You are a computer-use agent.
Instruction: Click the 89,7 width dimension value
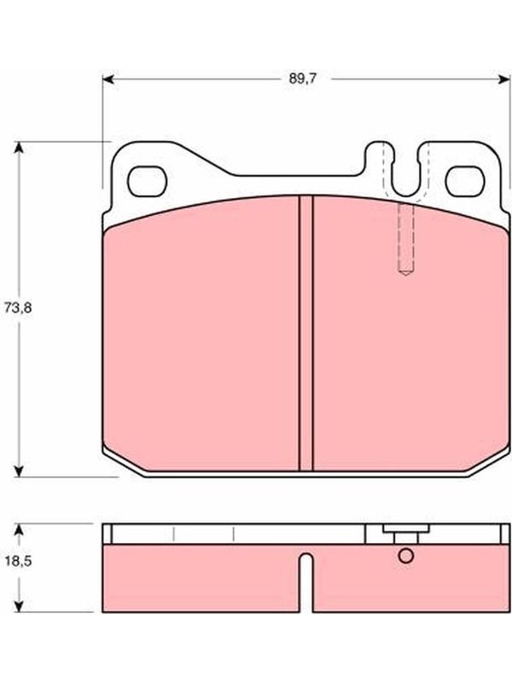303,79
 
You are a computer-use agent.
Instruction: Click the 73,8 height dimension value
18,308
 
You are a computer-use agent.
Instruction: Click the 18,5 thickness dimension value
18,561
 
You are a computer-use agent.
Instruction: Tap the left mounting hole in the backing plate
147,181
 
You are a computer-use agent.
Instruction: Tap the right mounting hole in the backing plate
465,181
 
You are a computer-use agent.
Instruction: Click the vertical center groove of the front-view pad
306,333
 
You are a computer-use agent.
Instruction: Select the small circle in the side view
406,556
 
